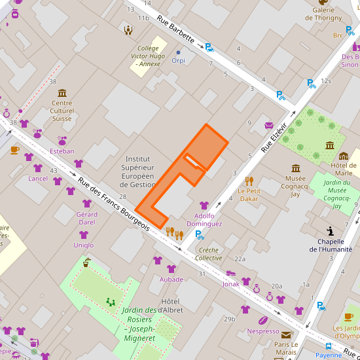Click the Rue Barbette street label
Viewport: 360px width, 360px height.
pyautogui.click(x=176, y=29)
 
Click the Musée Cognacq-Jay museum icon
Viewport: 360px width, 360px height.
pyautogui.click(x=296, y=168)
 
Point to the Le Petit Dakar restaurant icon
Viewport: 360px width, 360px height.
pyautogui.click(x=249, y=181)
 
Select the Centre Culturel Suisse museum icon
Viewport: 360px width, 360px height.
pyautogui.click(x=62, y=93)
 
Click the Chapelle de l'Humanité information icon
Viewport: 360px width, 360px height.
pyautogui.click(x=331, y=230)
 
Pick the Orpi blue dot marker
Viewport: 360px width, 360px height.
pyautogui.click(x=178, y=52)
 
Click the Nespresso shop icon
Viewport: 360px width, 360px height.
pyautogui.click(x=263, y=321)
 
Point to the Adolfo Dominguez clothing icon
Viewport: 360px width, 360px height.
pyautogui.click(x=204, y=206)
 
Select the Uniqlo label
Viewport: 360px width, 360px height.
pyautogui.click(x=83, y=245)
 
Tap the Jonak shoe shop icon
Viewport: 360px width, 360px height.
pyautogui.click(x=230, y=274)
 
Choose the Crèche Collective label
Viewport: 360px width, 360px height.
pyautogui.click(x=209, y=254)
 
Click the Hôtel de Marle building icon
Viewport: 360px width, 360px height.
pyautogui.click(x=344, y=156)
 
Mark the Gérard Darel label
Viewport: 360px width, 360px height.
pyautogui.click(x=86, y=218)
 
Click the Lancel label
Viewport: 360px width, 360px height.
pyautogui.click(x=38, y=178)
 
